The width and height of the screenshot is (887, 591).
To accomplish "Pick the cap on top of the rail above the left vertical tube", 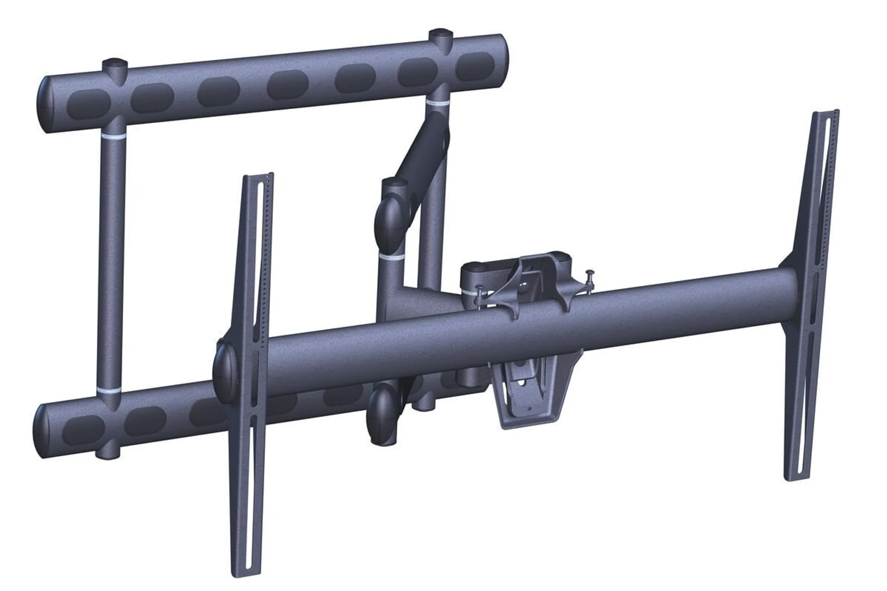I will coord(115,64).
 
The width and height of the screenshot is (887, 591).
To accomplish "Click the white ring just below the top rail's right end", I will coord(438,102).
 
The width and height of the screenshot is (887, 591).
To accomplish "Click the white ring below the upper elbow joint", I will coord(391,258).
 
